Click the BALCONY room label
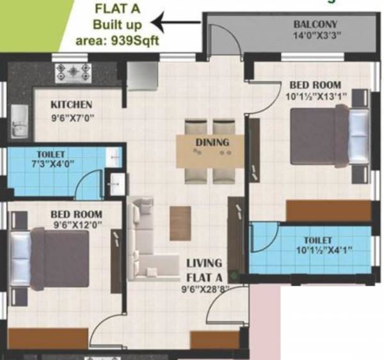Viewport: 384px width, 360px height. coord(316,25)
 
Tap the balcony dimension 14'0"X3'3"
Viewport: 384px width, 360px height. coord(315,35)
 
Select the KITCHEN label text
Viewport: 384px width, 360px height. coord(72,104)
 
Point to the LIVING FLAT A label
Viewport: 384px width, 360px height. coord(204,270)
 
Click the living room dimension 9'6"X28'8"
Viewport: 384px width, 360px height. coord(204,289)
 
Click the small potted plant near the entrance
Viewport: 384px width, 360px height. coord(236,277)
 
